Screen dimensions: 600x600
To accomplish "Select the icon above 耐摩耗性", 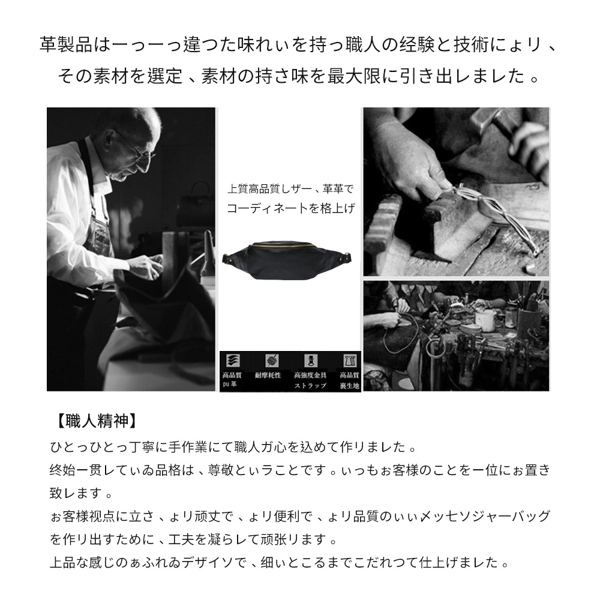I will [271, 361].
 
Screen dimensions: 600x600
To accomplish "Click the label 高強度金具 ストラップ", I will [311, 380].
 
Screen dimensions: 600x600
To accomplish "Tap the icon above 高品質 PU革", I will [231, 361].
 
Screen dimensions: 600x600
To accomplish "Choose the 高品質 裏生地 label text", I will [349, 380].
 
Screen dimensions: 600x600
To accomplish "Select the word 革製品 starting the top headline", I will [66, 45].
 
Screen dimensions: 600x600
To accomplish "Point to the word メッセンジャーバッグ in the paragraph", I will [488, 517].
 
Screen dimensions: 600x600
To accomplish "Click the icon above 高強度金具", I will [310, 361].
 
